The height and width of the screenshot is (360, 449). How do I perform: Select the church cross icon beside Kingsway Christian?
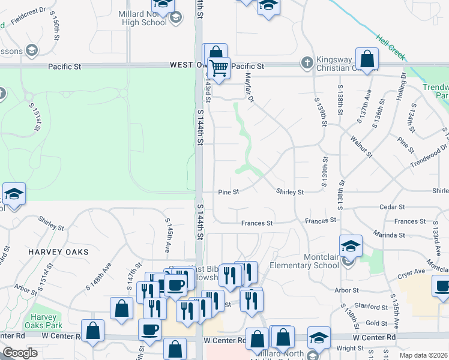tap(306, 62)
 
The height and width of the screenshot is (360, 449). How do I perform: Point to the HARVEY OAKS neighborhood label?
tap(58, 252)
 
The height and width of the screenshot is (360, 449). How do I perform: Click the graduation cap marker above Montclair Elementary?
tap(351, 245)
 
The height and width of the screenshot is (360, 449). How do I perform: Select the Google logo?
tap(20, 353)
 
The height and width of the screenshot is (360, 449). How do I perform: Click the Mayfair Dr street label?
tap(249, 87)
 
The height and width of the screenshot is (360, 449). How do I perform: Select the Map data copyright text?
tap(423, 355)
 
